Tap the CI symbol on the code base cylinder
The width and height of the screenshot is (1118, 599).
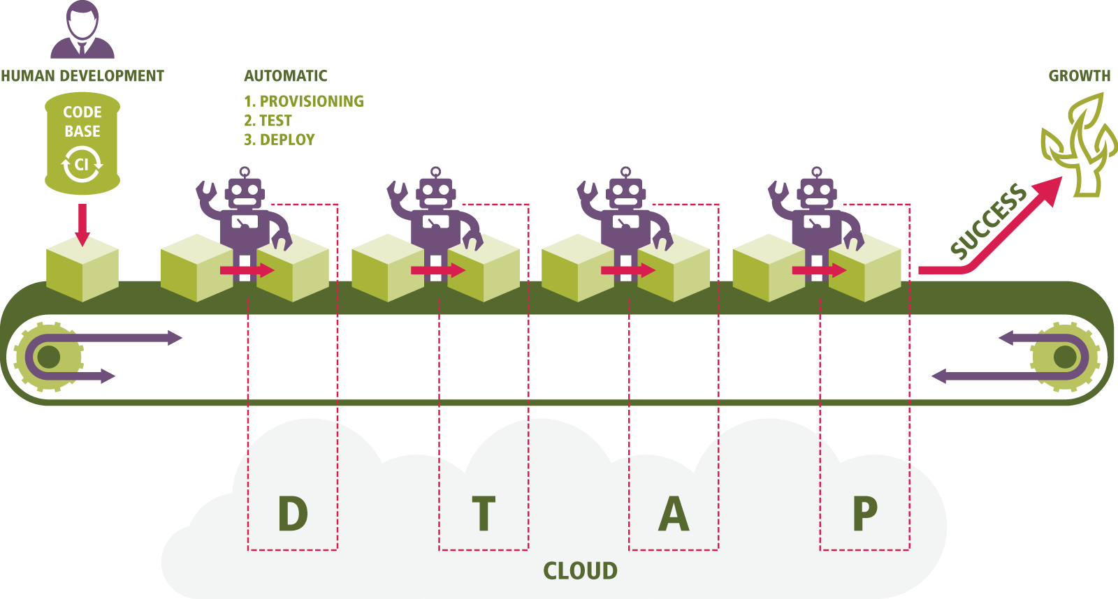[82, 165]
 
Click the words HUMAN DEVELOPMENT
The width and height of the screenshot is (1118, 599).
[82, 76]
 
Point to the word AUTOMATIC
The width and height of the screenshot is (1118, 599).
[285, 76]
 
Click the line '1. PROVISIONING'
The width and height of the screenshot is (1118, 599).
[304, 101]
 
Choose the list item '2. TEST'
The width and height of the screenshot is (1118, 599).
[268, 121]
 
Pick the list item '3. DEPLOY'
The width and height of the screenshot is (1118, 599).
[279, 140]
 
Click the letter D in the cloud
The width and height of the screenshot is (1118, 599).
[293, 514]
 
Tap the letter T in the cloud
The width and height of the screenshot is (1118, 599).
[484, 514]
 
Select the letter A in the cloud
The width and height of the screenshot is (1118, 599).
[674, 514]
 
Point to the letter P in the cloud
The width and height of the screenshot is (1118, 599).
[864, 514]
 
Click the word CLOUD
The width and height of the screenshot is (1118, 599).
[580, 571]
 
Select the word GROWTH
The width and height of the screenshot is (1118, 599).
[1079, 76]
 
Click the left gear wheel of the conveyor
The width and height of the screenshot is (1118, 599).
[48, 357]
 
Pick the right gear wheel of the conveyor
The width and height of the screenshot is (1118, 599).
[1064, 357]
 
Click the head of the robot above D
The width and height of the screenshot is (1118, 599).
[244, 192]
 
